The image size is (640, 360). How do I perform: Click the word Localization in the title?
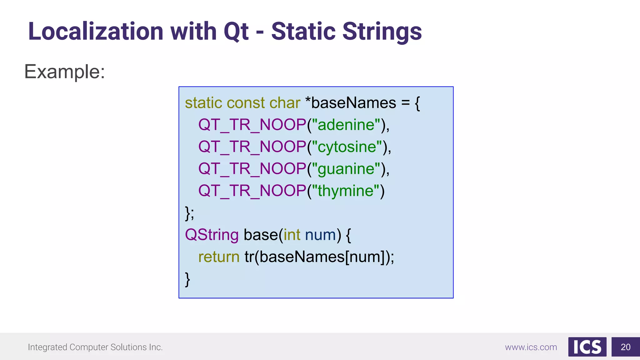point(96,32)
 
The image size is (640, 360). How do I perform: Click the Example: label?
point(65,72)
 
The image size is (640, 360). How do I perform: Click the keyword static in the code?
point(203,103)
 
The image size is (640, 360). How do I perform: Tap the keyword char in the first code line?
point(285,103)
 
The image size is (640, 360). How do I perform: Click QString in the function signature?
point(212,235)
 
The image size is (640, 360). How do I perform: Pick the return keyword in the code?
point(219,257)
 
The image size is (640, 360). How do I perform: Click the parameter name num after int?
point(320,235)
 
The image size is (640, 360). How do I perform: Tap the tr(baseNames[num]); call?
point(319,257)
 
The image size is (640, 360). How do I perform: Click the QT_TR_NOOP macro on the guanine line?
point(252,169)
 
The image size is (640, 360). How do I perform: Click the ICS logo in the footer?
point(587,347)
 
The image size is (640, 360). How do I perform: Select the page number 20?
point(625,347)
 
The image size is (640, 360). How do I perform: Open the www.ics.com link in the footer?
point(531,347)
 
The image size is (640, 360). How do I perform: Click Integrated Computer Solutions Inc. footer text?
point(95,347)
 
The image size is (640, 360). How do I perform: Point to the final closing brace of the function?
point(187,279)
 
